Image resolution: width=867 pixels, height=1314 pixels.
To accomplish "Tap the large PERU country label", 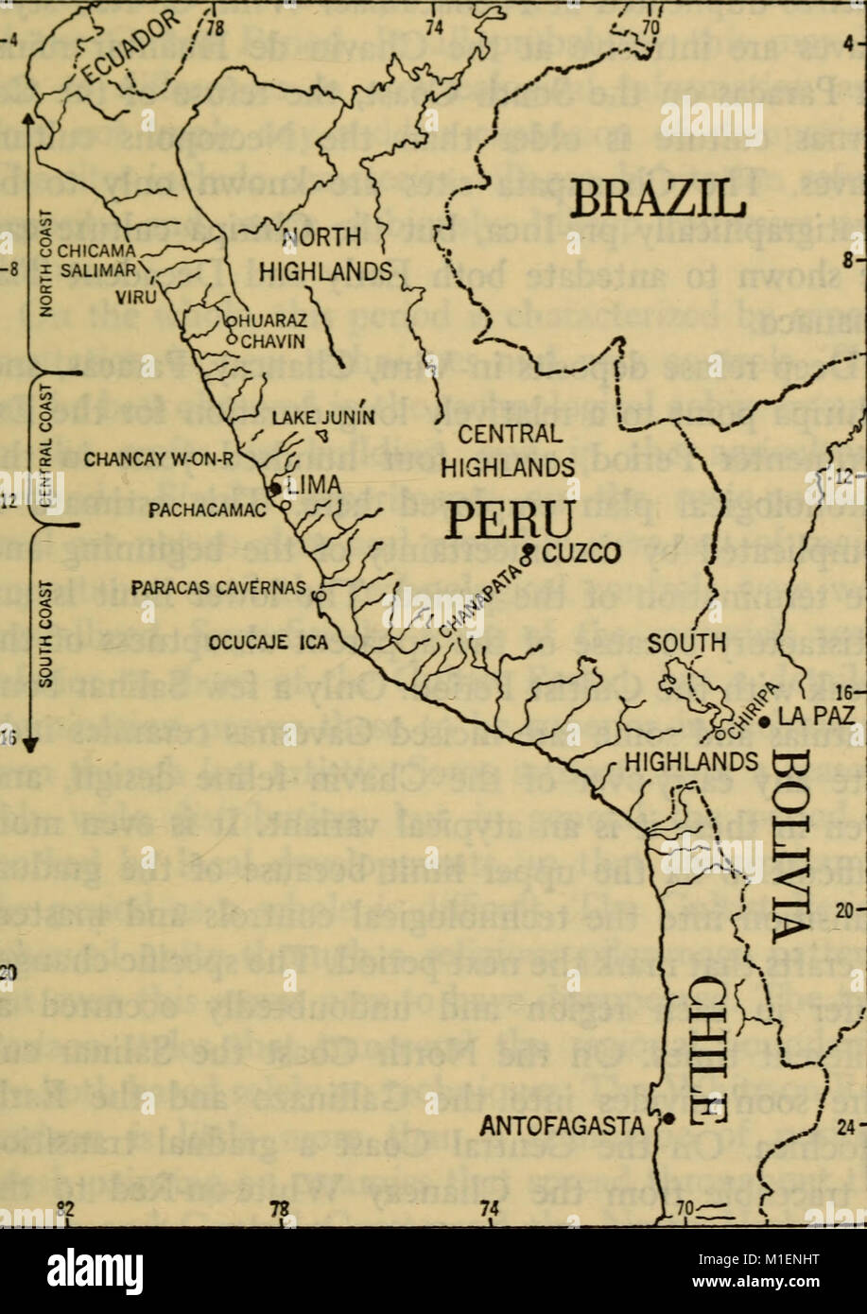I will click(512, 521).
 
